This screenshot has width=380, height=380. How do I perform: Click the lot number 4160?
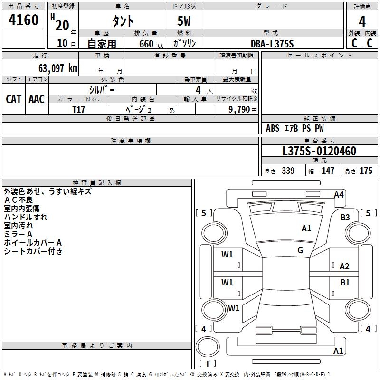[24, 21]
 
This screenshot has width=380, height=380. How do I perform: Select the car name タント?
[123, 21]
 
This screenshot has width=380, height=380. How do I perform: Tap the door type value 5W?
[184, 21]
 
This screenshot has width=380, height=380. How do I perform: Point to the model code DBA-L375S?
[272, 44]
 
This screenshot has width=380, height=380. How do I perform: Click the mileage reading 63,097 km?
[54, 68]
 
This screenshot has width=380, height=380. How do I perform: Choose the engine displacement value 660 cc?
[146, 44]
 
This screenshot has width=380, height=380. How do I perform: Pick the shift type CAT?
[13, 99]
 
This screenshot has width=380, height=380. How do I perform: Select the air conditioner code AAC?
[37, 99]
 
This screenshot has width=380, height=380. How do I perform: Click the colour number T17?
[79, 109]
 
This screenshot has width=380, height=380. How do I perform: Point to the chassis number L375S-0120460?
[319, 152]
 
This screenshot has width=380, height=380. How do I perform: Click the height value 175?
[366, 171]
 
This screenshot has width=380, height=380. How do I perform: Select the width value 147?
[328, 171]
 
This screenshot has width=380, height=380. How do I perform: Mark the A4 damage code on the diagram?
[339, 194]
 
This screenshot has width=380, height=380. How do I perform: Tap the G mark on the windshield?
[300, 250]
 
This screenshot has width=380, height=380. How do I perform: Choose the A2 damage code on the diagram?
[345, 266]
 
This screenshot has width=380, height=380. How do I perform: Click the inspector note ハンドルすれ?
[26, 217]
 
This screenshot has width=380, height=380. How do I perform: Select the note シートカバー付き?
[33, 251]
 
